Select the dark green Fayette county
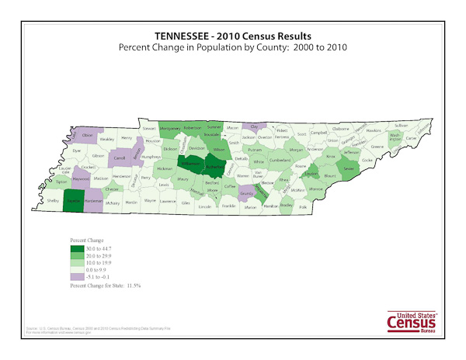coord(74,200)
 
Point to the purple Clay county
coord(252,126)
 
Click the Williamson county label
coord(190,164)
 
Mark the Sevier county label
coord(349,168)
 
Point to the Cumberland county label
coord(279,161)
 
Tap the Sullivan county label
coord(401,125)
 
